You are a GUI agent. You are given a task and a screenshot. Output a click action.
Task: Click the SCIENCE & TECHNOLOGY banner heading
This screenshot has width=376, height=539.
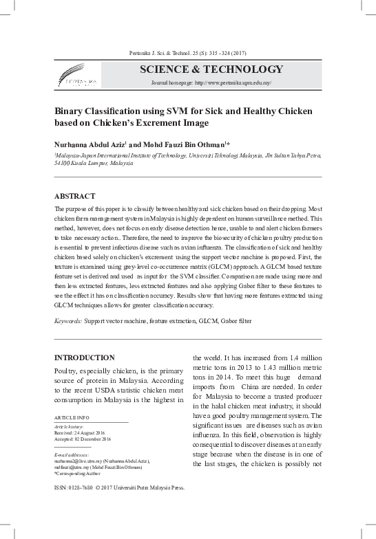(211, 69)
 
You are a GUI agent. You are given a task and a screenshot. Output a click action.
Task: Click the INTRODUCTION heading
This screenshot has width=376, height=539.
(85, 357)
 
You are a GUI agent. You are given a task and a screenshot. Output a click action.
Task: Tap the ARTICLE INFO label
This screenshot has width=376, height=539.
(70, 417)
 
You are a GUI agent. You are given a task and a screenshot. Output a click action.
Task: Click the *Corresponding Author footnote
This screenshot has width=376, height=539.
(77, 474)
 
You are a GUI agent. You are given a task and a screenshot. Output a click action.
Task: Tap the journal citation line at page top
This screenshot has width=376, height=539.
(187, 53)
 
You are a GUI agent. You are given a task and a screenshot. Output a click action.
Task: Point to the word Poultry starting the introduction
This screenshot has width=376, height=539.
(67, 372)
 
